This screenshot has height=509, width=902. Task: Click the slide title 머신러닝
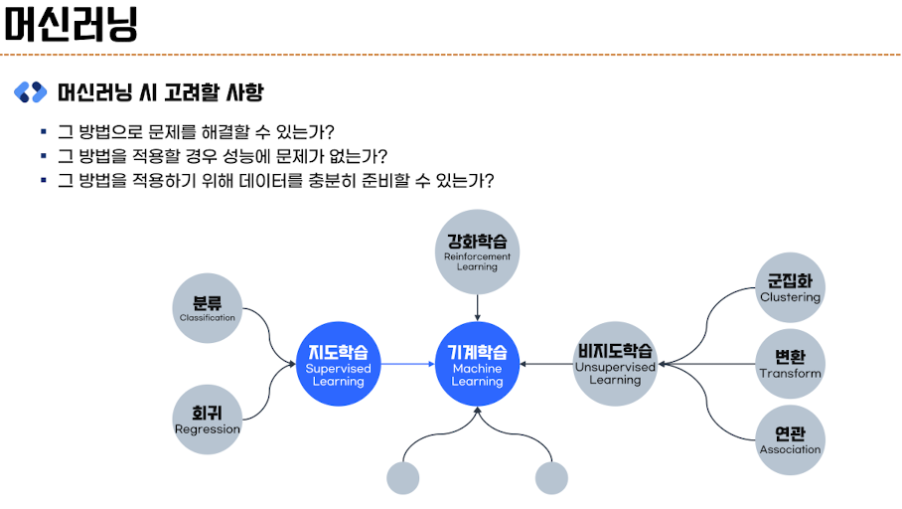click(70, 24)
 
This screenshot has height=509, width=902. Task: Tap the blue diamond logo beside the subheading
click(30, 92)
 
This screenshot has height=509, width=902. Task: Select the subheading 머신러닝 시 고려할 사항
click(160, 92)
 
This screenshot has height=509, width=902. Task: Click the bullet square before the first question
click(44, 131)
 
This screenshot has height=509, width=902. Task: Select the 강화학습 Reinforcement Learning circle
click(477, 251)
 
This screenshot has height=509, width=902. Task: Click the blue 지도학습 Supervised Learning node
click(338, 364)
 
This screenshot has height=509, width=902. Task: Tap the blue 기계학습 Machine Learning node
click(477, 364)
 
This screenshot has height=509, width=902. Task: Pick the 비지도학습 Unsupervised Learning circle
click(615, 364)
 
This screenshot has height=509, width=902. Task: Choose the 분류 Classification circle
click(208, 308)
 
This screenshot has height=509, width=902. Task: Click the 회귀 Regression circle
click(208, 419)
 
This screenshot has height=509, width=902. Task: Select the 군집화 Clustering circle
click(790, 288)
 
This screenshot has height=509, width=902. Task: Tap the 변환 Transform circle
click(790, 364)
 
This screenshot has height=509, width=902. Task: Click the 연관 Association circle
click(790, 439)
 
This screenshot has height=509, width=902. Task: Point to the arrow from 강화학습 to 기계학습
click(477, 307)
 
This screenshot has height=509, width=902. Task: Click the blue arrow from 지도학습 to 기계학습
click(407, 364)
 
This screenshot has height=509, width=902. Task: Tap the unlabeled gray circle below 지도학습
click(403, 478)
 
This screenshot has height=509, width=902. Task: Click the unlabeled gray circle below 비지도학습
click(551, 478)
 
